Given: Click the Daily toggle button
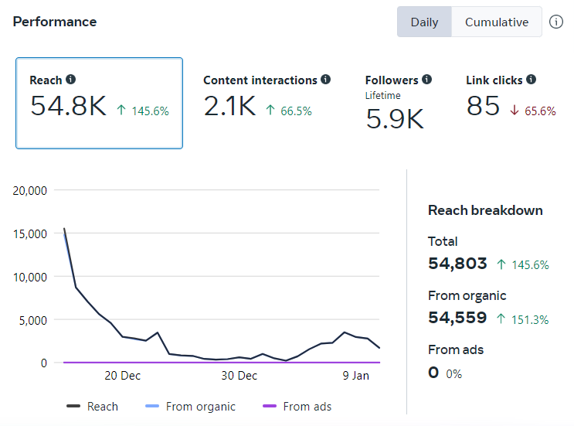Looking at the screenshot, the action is (424, 22).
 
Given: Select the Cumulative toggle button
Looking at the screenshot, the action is (497, 22).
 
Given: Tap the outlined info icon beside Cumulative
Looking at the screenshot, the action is (556, 22).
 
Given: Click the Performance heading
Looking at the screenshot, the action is (55, 22).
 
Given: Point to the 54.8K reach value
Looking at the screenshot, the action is (69, 106).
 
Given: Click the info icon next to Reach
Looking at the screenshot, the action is (70, 79).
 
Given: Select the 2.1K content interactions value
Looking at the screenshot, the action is (229, 106).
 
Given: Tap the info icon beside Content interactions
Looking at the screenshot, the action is (325, 79).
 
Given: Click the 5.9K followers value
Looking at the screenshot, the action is (395, 119).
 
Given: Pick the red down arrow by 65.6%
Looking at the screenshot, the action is (515, 110).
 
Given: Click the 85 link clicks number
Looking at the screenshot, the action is (483, 106).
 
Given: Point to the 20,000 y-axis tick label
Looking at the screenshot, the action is (29, 190).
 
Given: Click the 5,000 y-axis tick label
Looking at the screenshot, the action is (33, 321).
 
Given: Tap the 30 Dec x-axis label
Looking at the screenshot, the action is (239, 376).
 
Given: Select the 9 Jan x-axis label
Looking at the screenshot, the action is (356, 376).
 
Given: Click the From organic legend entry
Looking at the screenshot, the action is (190, 406).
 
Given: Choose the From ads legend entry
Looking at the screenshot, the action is (297, 406).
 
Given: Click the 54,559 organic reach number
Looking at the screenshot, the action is (457, 318).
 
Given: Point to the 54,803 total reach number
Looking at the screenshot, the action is (457, 264).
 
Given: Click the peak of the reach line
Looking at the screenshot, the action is (64, 229).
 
